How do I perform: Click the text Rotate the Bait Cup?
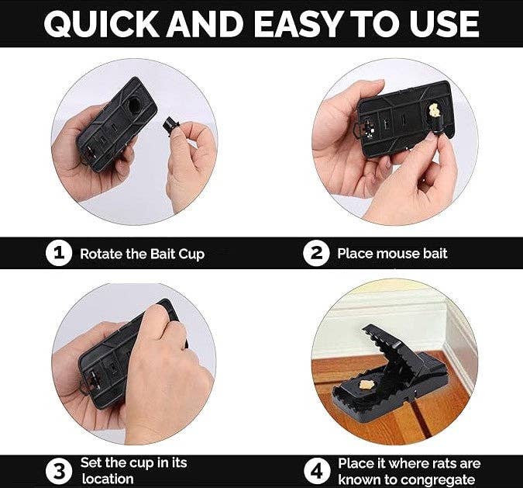click(142, 254)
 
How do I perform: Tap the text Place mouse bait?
click(392, 254)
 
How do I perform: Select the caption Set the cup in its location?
click(133, 471)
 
